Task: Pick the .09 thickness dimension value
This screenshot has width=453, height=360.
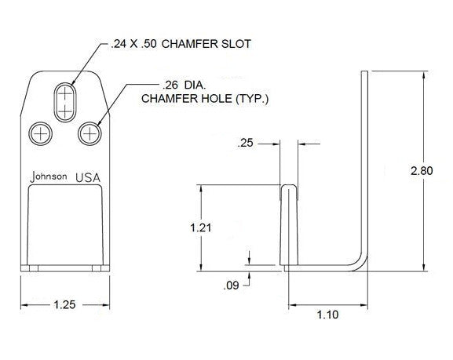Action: (x=232, y=286)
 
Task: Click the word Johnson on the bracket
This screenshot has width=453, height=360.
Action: (x=48, y=176)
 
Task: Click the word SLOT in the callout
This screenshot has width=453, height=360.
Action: (x=235, y=44)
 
